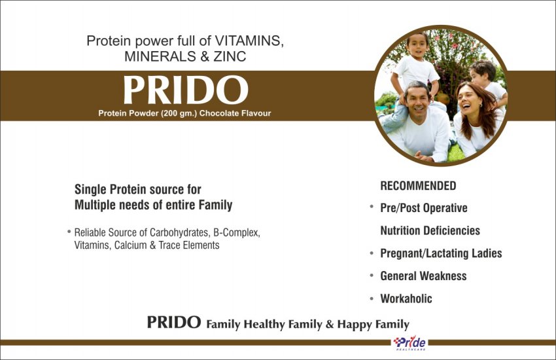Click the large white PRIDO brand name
tap(186, 90)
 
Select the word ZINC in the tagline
tap(230, 56)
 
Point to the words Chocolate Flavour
tap(235, 113)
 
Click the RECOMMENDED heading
tap(418, 186)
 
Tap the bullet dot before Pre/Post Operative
tap(372, 206)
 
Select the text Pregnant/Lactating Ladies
tap(441, 253)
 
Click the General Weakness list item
tap(423, 276)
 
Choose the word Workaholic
tap(406, 298)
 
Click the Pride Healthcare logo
tap(409, 344)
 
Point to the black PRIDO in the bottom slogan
tap(174, 323)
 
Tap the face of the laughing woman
tap(469, 101)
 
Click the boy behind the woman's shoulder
tap(487, 82)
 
